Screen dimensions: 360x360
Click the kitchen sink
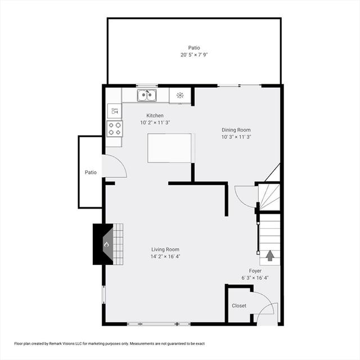(x=147, y=95)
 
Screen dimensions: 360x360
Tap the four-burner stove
(x=115, y=129)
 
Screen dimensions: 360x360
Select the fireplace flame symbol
(x=106, y=245)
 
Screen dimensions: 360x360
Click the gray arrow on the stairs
(x=270, y=255)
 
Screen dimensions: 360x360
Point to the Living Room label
(x=165, y=249)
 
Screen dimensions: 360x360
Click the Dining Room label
(x=236, y=130)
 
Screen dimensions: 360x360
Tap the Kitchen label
(x=155, y=115)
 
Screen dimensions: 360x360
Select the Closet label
(x=239, y=305)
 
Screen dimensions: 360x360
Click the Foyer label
(x=255, y=271)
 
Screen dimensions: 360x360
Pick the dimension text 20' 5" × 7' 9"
(x=194, y=55)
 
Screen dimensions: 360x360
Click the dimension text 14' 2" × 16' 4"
(x=165, y=256)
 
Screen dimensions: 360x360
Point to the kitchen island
(x=169, y=148)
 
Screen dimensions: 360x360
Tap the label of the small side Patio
(x=91, y=172)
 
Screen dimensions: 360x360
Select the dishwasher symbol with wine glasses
(x=115, y=111)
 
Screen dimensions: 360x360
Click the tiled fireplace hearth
(x=118, y=244)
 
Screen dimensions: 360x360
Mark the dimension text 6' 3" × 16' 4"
(x=255, y=278)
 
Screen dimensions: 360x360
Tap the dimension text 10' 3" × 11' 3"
(x=236, y=137)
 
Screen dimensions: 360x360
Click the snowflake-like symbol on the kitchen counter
(x=180, y=95)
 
